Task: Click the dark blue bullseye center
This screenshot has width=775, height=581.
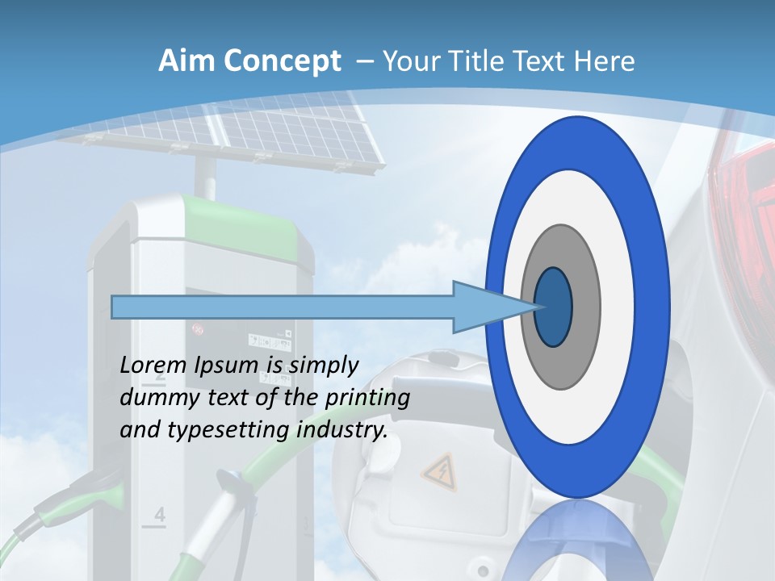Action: click(x=553, y=307)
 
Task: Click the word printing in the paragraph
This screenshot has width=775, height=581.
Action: click(x=367, y=399)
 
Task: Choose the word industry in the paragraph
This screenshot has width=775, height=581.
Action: click(x=342, y=430)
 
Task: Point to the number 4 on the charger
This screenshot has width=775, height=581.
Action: click(x=159, y=514)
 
